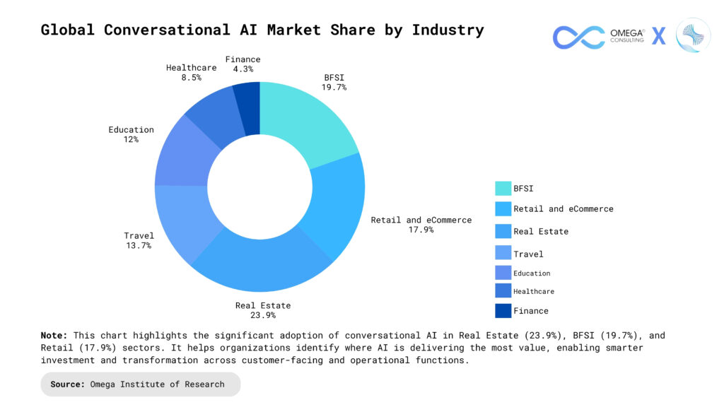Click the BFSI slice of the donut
(304, 120)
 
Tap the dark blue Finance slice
(247, 106)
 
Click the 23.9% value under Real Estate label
(263, 315)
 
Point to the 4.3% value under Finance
(243, 69)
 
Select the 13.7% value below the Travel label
(139, 245)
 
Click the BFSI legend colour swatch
(503, 188)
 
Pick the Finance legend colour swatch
(503, 310)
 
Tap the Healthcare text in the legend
(533, 291)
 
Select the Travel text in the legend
(528, 254)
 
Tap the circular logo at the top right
(692, 35)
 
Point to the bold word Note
(54, 336)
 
